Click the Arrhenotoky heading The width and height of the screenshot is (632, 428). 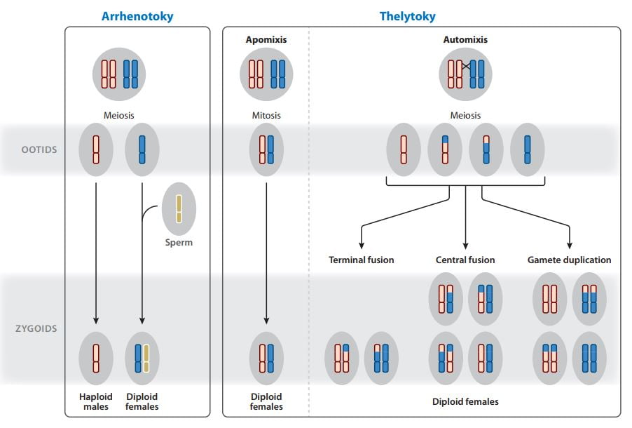137,16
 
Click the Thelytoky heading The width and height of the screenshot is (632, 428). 407,16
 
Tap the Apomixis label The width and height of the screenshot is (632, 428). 266,40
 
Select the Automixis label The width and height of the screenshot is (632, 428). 465,40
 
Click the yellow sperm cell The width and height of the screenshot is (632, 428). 179,208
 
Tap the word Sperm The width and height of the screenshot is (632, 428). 179,243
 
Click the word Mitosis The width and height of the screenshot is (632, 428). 266,115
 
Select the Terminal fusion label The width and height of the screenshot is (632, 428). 361,260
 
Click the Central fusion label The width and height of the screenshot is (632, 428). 465,260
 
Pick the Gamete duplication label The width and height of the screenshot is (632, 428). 569,260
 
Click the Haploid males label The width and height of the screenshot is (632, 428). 96,401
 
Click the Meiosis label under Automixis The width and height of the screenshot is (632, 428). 465,115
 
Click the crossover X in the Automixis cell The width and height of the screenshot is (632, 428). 466,67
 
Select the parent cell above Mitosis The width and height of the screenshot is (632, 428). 266,74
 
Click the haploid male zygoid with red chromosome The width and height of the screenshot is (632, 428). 96,358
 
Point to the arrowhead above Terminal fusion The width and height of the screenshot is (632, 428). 361,244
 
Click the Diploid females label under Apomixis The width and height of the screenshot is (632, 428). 266,401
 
